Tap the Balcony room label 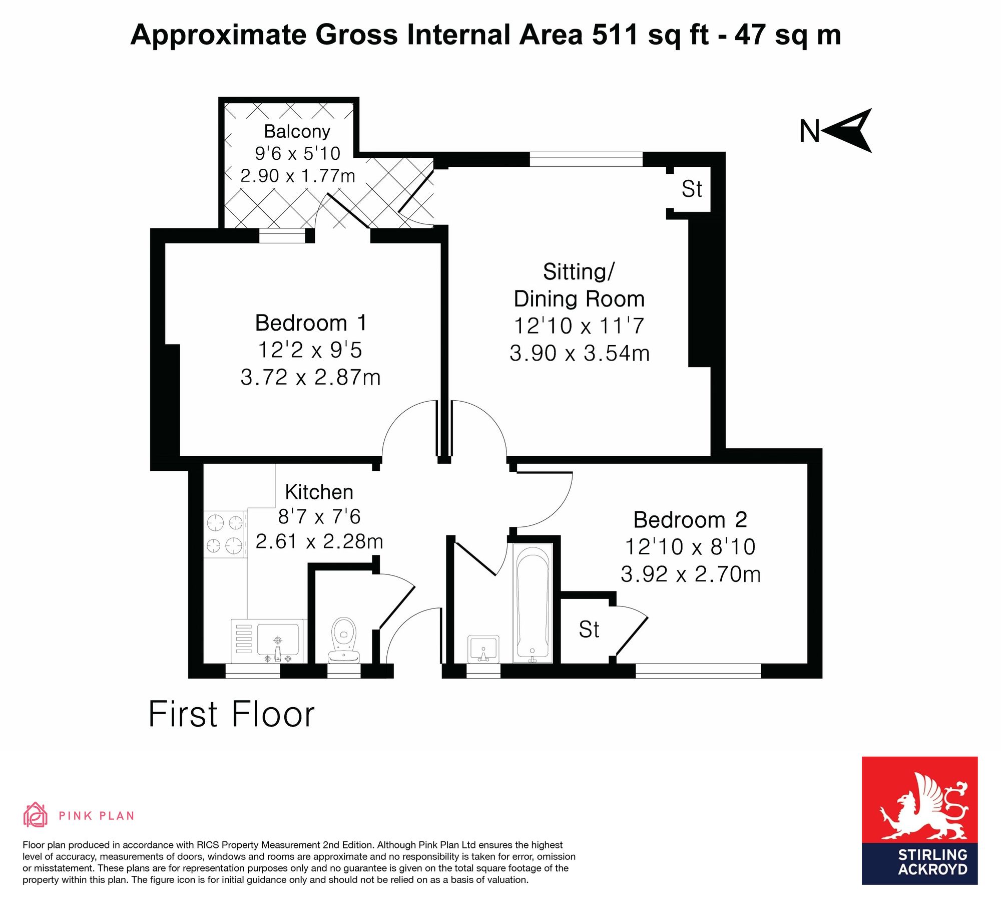(297, 131)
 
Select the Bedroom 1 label (311, 323)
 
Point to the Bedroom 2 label (690, 519)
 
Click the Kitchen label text (319, 492)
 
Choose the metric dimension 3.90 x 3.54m (580, 353)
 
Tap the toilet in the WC (343, 640)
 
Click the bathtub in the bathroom (533, 603)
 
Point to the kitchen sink (278, 641)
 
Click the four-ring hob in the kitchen (225, 534)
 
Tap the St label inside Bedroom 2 (589, 630)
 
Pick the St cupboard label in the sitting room (692, 189)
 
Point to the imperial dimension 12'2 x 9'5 (310, 350)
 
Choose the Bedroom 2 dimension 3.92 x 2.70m (691, 574)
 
